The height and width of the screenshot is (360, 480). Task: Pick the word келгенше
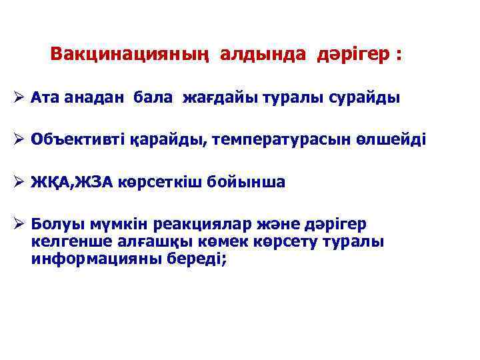coord(65,242)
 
